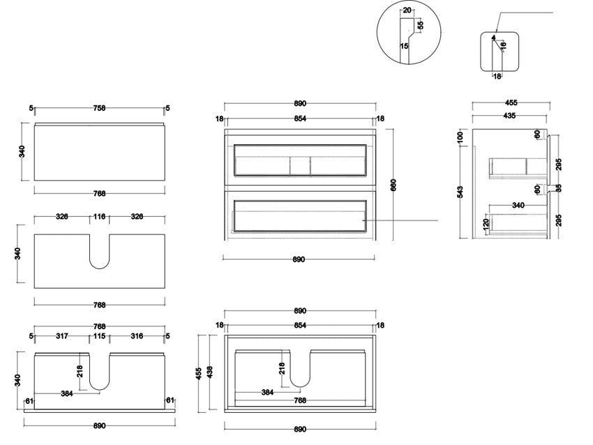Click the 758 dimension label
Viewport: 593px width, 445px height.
coord(100,108)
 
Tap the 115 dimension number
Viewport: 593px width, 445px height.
coord(99,336)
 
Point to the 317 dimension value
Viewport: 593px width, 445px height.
coord(62,336)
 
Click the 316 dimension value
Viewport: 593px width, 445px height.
coord(137,336)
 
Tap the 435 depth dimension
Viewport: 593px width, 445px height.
coord(509,116)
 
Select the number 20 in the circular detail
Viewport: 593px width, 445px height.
coord(407,11)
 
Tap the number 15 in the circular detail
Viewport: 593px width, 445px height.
coord(404,46)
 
